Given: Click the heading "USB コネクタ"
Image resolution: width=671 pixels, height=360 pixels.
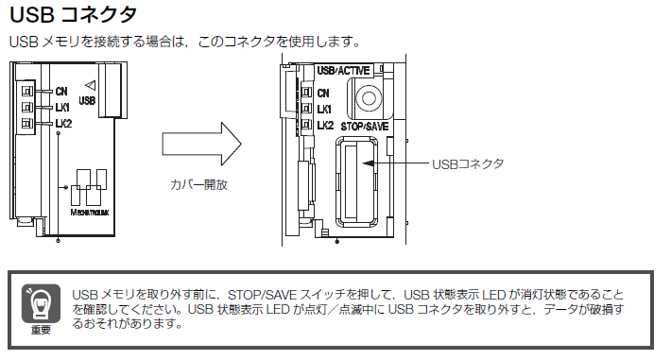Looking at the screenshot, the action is coord(73,14).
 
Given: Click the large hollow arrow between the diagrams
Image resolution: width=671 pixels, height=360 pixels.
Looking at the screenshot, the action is coord(201,144).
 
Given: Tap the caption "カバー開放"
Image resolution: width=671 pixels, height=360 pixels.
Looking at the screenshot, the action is coord(199,184).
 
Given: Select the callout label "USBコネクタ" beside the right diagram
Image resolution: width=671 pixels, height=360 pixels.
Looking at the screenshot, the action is coord(468,164).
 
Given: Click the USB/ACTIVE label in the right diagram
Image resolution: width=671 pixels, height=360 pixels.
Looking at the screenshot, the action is coord(343,70).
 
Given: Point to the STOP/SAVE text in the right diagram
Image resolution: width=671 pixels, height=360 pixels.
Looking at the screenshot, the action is coord(365,127).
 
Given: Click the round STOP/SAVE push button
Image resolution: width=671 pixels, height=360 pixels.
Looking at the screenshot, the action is coord(369,98).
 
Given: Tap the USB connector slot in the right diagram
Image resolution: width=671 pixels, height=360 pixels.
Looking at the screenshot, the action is coord(356,181).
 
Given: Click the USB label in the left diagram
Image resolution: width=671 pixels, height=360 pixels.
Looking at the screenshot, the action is coord(87,100).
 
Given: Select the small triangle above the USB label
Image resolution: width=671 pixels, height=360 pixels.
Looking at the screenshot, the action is coord(91,85).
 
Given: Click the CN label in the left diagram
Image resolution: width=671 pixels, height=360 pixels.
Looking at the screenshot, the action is coord(61,91).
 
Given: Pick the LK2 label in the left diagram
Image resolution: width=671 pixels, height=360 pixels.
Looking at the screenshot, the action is coord(63,124).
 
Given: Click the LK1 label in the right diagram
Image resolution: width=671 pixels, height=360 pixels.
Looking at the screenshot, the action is coord(324,110).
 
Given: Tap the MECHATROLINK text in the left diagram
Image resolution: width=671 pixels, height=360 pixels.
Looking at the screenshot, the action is coord(90,213).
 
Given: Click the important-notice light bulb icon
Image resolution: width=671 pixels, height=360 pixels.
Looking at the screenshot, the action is coord(41,303).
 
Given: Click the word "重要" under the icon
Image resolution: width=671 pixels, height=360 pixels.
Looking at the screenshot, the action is coord(41,330).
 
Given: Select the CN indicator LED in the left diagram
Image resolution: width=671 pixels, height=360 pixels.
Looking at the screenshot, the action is coord(27,91).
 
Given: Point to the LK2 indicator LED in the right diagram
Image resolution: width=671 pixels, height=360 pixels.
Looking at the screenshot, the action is coord(306,125).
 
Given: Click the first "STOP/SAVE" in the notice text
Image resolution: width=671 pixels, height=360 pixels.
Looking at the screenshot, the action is coord(262,295).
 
